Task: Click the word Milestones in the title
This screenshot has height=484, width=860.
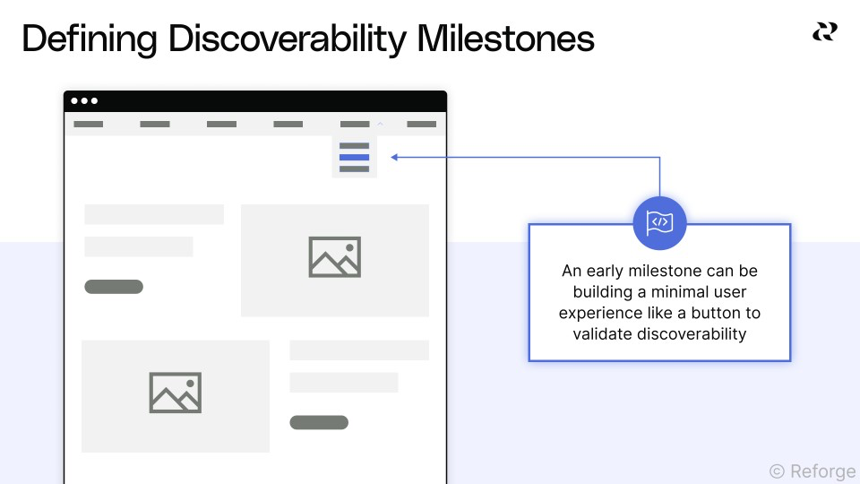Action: pyautogui.click(x=509, y=39)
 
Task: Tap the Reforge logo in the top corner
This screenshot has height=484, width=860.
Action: pyautogui.click(x=824, y=32)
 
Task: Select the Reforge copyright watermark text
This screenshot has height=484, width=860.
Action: pyautogui.click(x=813, y=471)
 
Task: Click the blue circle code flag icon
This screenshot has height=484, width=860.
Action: pyautogui.click(x=659, y=222)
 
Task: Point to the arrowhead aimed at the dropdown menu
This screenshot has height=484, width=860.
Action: pyautogui.click(x=395, y=158)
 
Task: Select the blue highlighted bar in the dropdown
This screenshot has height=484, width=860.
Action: pyautogui.click(x=355, y=158)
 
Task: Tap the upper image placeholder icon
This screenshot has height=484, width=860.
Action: pyautogui.click(x=334, y=257)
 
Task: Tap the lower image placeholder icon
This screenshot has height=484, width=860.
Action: pyautogui.click(x=175, y=393)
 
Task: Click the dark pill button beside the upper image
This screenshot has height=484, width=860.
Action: pyautogui.click(x=114, y=287)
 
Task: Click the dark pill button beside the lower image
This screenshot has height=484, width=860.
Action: pyautogui.click(x=319, y=422)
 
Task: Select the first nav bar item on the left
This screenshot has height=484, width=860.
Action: pyautogui.click(x=89, y=125)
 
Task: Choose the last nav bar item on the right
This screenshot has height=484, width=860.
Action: pyautogui.click(x=422, y=125)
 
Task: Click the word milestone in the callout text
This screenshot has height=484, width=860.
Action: pyautogui.click(x=658, y=271)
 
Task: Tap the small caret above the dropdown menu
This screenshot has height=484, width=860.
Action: pyautogui.click(x=380, y=123)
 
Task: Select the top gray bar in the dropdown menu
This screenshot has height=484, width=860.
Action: pyautogui.click(x=355, y=146)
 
